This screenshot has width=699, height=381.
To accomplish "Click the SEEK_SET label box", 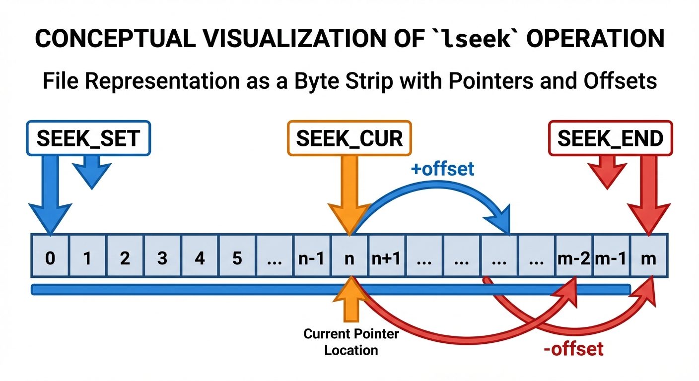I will pos(88,138).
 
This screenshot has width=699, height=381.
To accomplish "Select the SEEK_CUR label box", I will pos(349,138).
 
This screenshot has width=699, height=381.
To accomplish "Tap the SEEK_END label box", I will pos(610,138).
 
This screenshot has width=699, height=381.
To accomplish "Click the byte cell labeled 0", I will pos(50,258).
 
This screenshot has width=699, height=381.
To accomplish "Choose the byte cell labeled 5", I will pos(237,258).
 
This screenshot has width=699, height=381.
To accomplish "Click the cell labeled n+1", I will pos(387,258).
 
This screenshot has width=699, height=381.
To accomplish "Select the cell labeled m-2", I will pos(573,258).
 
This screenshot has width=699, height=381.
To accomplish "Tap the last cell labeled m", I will pos(648,258).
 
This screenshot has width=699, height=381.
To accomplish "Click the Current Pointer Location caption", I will pos(351,342).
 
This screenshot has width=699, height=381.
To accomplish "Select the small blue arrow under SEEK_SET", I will pos(92,171).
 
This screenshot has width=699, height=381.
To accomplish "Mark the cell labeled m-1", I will pos(611,258).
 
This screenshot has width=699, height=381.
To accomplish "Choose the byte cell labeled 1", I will pos(87,258).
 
